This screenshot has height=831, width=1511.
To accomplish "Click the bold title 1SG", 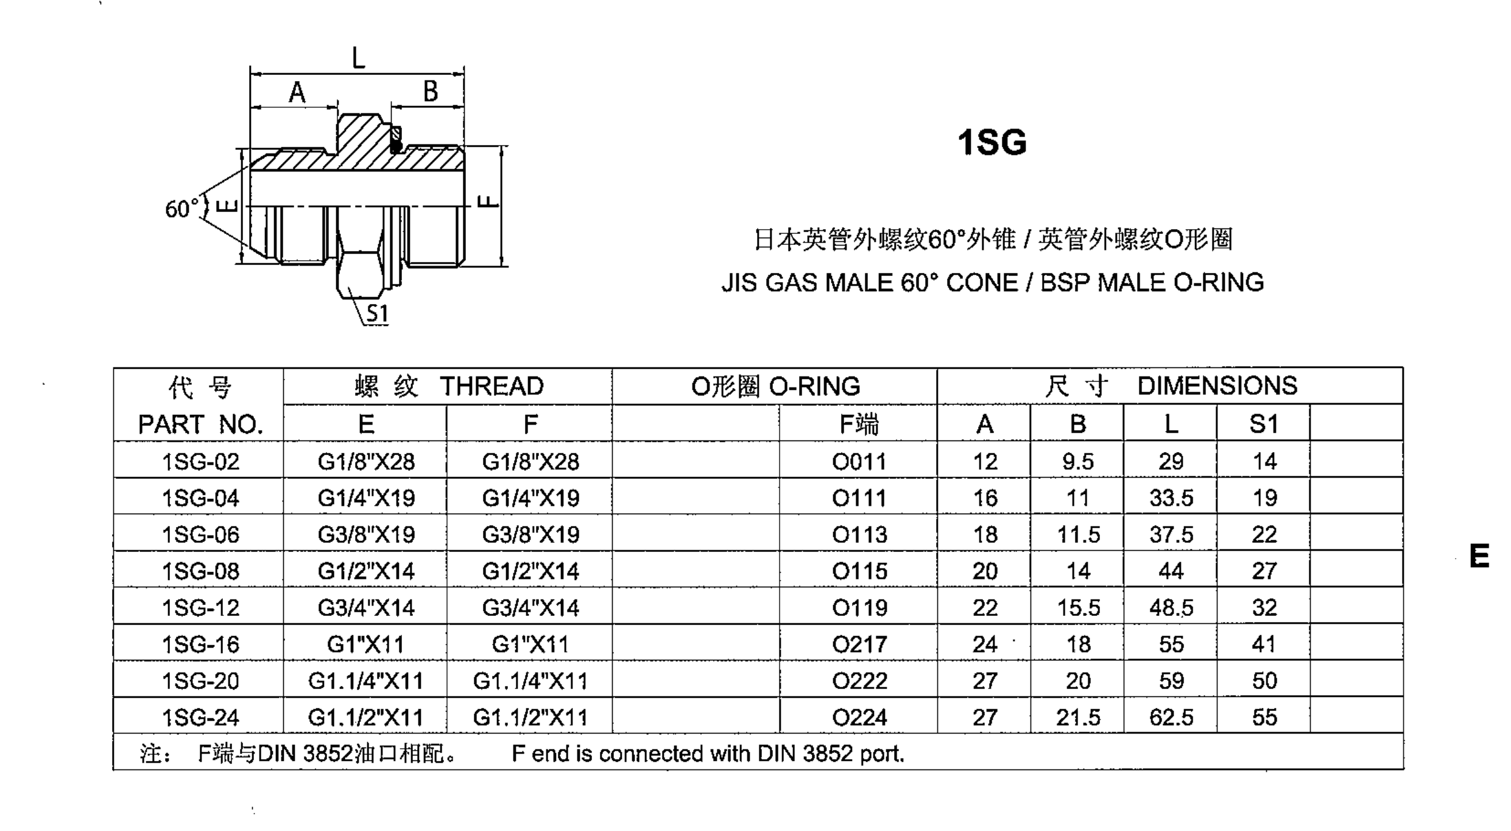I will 991,143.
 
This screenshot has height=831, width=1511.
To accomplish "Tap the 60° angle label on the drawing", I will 181,209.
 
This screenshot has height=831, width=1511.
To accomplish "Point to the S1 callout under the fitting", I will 377,313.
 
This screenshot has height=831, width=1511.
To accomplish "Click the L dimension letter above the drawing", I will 358,58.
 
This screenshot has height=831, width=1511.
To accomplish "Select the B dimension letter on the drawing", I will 430,91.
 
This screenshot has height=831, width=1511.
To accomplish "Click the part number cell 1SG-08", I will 200,571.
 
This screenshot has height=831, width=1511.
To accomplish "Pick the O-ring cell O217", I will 859,644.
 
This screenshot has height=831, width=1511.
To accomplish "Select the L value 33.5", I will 1171,498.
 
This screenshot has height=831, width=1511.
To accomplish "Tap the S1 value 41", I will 1264,644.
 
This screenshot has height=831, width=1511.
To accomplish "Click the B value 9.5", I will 1077,461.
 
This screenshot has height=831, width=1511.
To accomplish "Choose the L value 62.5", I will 1171,717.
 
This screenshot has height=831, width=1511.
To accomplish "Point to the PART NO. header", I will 200,424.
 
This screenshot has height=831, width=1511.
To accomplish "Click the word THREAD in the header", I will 491,386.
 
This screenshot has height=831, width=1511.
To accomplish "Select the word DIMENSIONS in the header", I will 1217,386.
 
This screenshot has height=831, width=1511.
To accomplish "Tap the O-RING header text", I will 814,386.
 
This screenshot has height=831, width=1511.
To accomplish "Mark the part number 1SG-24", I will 200,717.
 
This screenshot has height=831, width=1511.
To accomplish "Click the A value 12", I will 984,461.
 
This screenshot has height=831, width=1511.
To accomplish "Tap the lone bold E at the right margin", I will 1479,556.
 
